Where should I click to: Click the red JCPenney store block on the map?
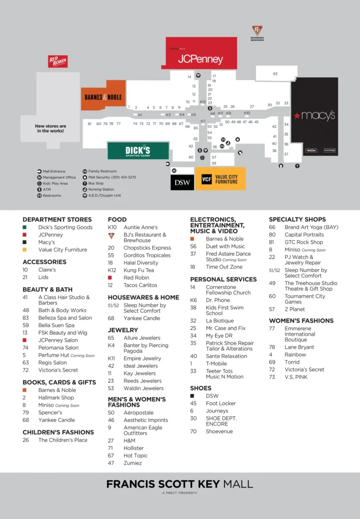(x=200, y=60)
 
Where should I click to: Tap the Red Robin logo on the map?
(x=58, y=61)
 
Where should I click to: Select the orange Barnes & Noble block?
(x=103, y=97)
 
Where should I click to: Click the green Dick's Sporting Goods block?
(x=138, y=150)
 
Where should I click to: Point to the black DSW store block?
(x=182, y=182)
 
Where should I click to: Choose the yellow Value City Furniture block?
(x=220, y=179)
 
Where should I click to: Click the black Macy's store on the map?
(x=314, y=115)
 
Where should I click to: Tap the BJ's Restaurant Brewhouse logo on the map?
(x=257, y=33)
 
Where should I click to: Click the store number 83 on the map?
(x=275, y=74)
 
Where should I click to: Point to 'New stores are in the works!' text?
(x=50, y=128)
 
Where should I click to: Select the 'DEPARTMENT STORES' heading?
(x=57, y=219)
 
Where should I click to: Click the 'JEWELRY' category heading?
(x=123, y=330)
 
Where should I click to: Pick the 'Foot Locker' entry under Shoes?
(x=221, y=403)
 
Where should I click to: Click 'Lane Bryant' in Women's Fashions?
(x=299, y=347)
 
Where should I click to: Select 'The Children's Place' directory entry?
(x=63, y=440)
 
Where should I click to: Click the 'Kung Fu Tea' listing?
(x=139, y=270)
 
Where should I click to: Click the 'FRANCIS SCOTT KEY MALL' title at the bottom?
(x=180, y=484)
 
